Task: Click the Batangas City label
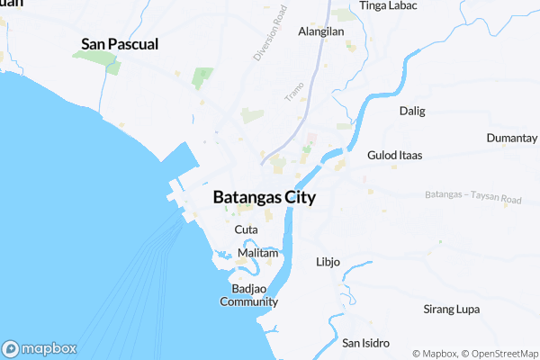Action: [x=264, y=198]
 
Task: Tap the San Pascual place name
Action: [x=120, y=43]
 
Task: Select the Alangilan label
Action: [x=321, y=31]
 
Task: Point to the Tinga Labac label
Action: [x=387, y=5]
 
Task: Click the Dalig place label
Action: [x=411, y=112]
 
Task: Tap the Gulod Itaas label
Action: [x=394, y=156]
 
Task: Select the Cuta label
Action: [x=246, y=230]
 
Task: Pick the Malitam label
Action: [x=258, y=254]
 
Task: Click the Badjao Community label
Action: [x=248, y=295]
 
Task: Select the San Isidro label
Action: [x=365, y=343]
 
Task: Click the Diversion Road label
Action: [x=269, y=33]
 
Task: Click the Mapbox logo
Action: [x=39, y=348]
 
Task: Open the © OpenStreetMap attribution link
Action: [x=500, y=353]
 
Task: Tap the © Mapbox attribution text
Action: [x=436, y=353]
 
